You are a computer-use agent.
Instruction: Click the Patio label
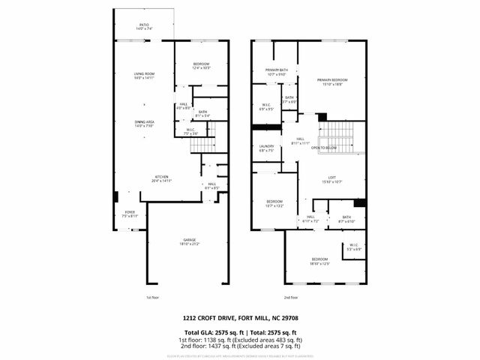[143, 26]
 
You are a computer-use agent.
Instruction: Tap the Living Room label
[143, 75]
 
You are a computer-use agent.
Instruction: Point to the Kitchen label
[162, 178]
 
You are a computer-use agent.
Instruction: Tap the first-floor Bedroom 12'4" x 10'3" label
[200, 66]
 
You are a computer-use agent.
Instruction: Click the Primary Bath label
[276, 71]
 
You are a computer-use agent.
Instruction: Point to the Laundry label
[266, 148]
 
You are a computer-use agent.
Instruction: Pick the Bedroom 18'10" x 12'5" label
[320, 261]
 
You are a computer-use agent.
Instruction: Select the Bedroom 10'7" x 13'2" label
[275, 202]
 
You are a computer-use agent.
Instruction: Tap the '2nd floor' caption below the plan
[291, 298]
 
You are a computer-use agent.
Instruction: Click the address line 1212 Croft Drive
[241, 317]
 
